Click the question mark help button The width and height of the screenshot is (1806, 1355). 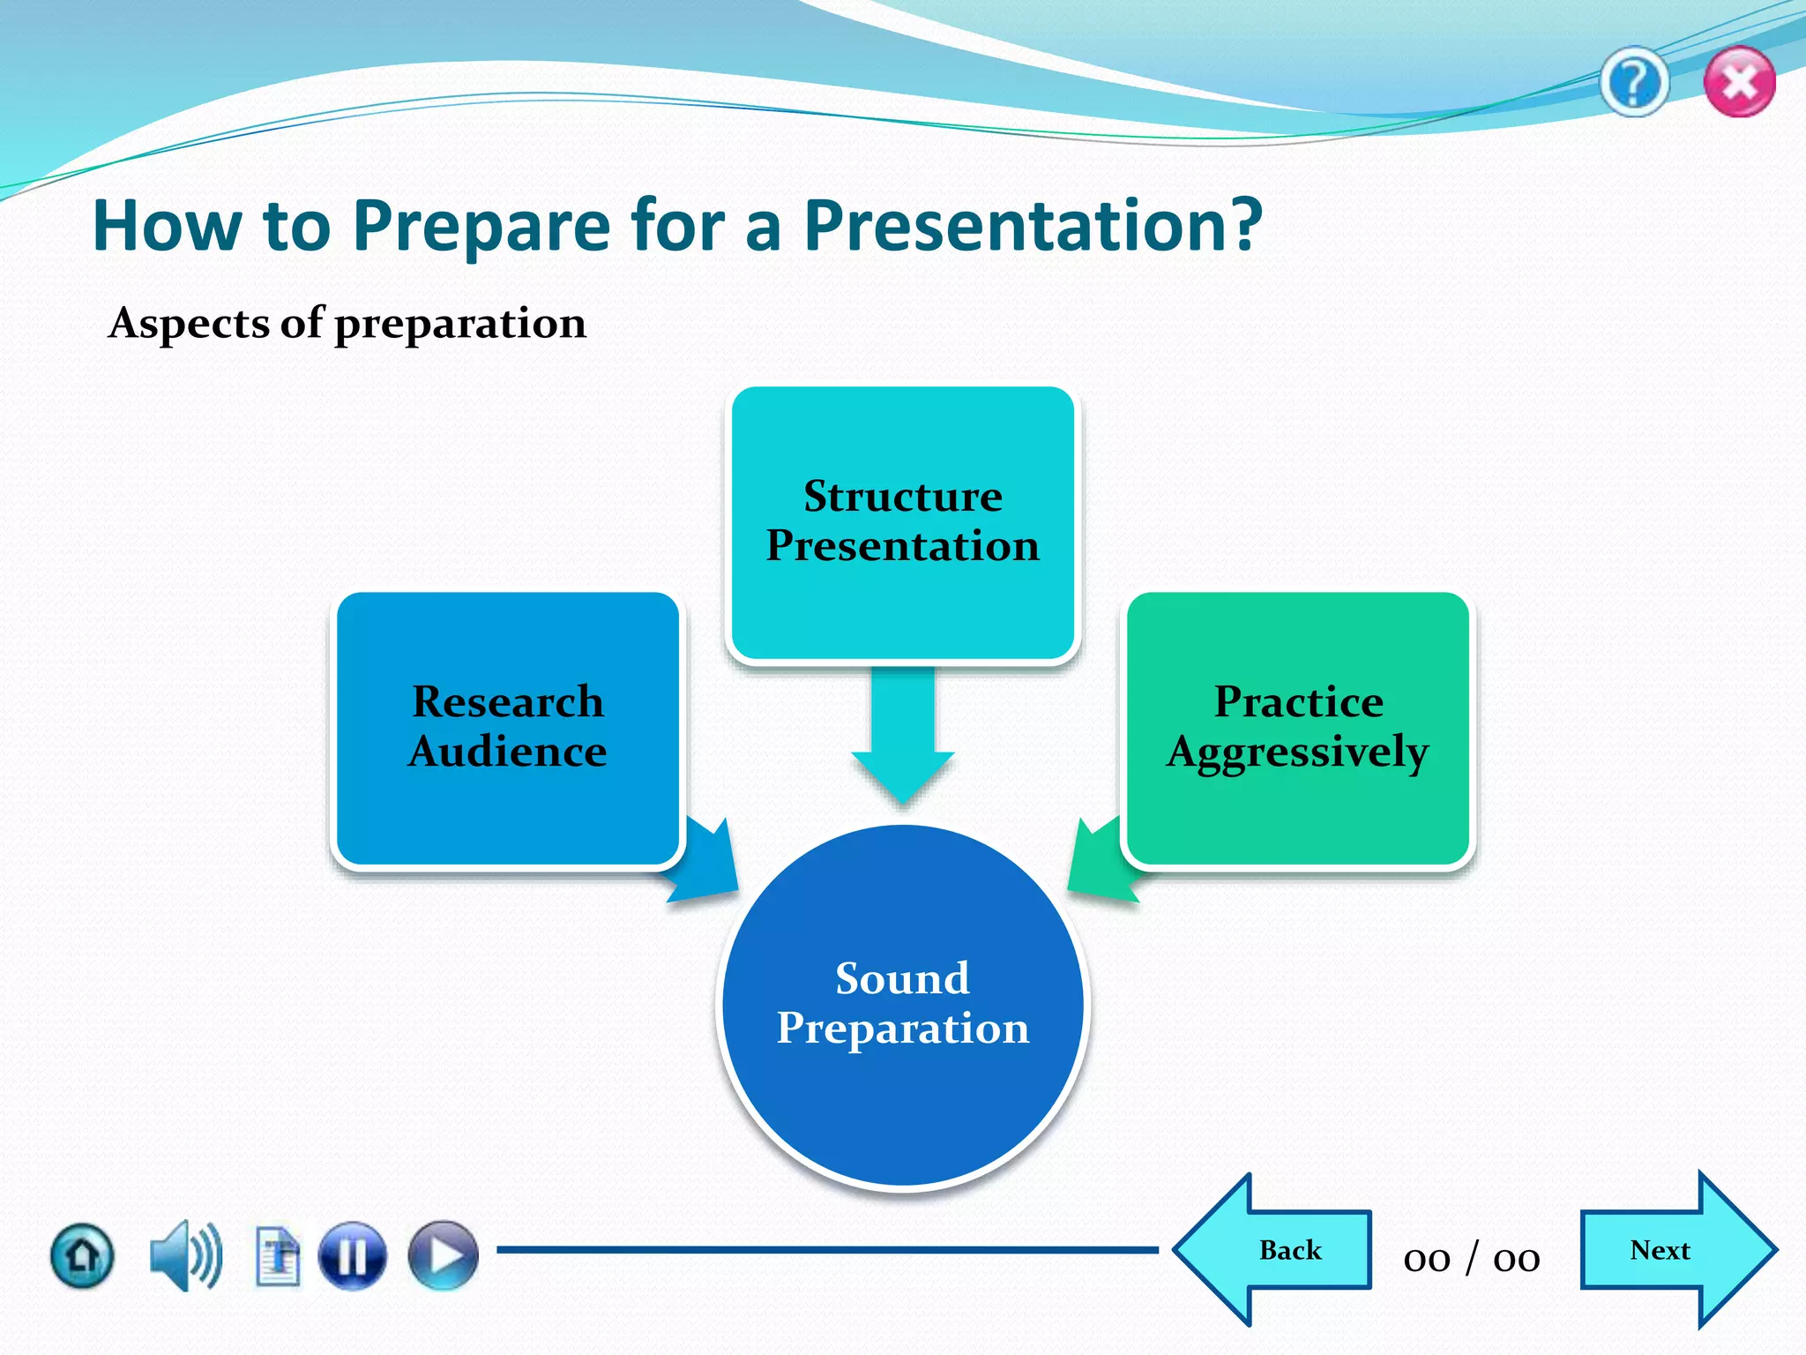[1634, 84]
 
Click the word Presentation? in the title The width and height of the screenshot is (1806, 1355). [1033, 226]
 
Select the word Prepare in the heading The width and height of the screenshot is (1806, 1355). [481, 226]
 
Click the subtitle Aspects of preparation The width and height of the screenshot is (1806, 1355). [347, 323]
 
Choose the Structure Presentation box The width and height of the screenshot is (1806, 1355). [902, 522]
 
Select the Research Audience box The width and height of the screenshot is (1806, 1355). [508, 728]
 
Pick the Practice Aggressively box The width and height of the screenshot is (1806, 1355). [1297, 728]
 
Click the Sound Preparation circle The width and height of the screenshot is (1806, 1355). [902, 1006]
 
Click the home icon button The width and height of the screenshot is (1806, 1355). [82, 1255]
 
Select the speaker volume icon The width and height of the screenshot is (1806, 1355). [185, 1255]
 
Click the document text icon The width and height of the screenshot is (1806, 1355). [278, 1255]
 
